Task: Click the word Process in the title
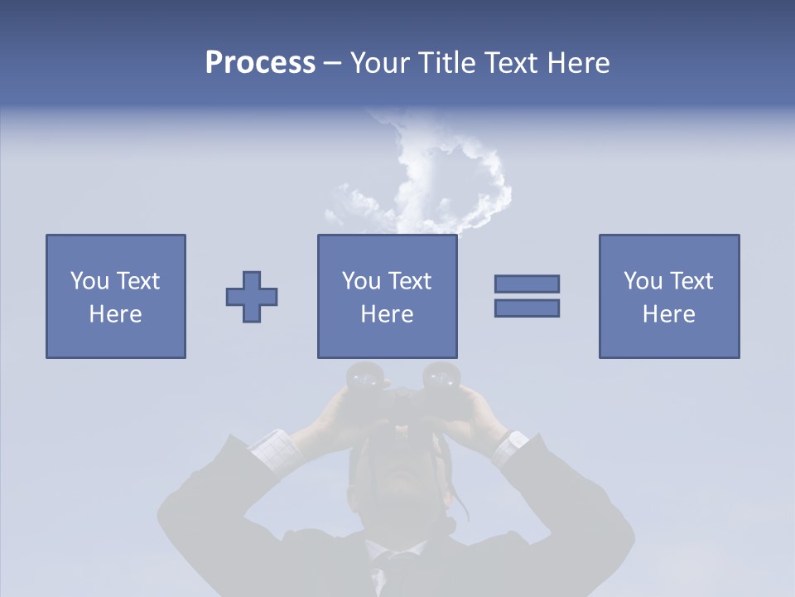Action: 260,63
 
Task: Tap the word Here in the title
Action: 576,63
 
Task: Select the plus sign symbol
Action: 252,297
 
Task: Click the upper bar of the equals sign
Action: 527,284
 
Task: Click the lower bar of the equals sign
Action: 527,308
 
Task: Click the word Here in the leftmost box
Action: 116,314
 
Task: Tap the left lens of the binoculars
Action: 362,378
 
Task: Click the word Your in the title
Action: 380,63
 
